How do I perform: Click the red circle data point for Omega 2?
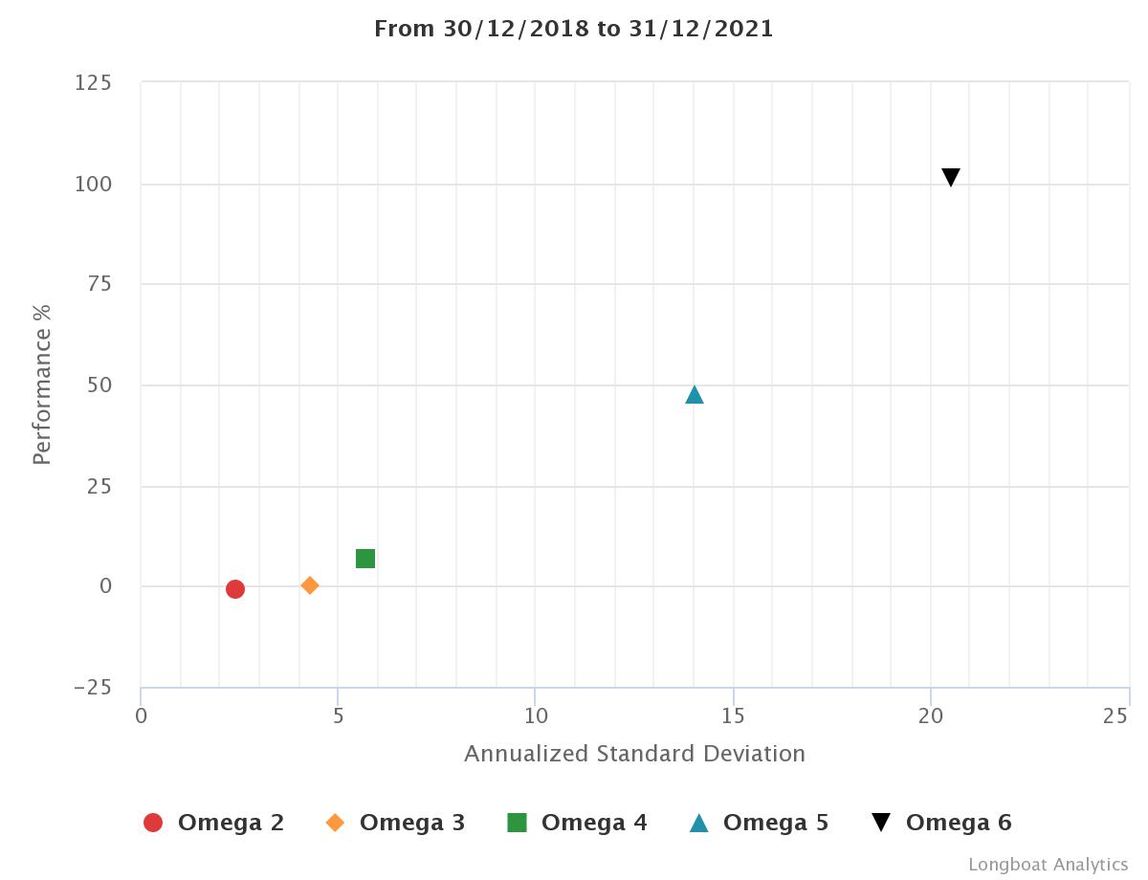tap(235, 589)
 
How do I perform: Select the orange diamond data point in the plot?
tap(310, 585)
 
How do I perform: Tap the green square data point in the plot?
tap(365, 559)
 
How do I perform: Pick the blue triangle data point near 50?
tap(695, 395)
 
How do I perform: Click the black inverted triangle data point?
tap(950, 177)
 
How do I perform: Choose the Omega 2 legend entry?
tap(213, 823)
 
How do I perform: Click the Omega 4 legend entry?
tap(577, 823)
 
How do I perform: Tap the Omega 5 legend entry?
tap(759, 823)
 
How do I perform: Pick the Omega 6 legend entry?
tap(941, 823)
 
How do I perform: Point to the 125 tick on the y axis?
tap(93, 83)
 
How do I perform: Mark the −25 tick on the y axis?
tap(92, 688)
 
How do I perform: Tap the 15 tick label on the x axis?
tap(734, 715)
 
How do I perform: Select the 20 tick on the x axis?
tap(931, 715)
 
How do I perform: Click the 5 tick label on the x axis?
tap(339, 715)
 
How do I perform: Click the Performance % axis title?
tap(41, 385)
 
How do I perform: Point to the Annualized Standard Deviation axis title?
tap(634, 754)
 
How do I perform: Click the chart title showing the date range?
tap(574, 29)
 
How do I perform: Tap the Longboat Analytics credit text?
tap(1048, 865)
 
